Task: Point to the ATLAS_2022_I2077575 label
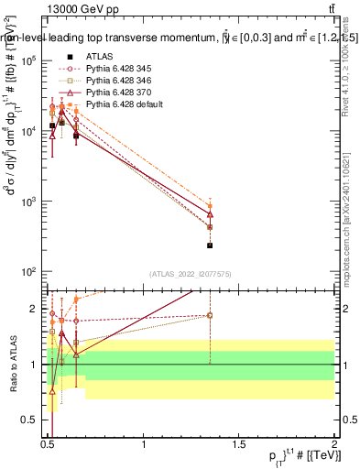tap(189, 273)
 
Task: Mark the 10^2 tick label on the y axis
tap(25, 272)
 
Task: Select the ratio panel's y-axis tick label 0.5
tap(30, 419)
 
